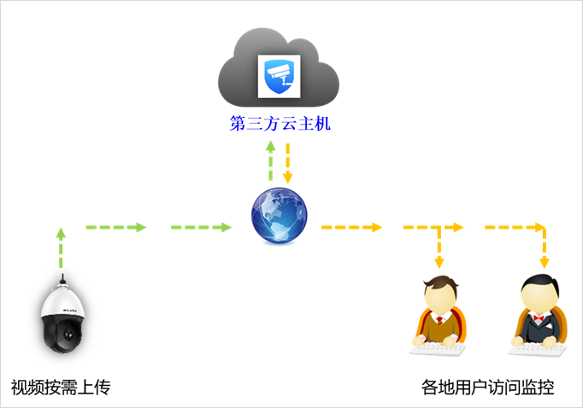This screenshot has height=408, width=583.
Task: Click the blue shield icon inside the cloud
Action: [280, 77]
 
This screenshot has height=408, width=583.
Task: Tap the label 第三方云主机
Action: [280, 125]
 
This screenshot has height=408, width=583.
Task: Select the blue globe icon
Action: [280, 215]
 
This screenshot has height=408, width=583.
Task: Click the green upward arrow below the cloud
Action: [271, 160]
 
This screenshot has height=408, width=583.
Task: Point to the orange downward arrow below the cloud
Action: [288, 162]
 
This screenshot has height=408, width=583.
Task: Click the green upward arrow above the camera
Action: [61, 247]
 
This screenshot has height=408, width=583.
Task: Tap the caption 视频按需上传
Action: [61, 388]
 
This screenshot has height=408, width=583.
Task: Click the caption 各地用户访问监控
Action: [488, 388]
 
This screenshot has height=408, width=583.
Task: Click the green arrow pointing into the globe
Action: [202, 227]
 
